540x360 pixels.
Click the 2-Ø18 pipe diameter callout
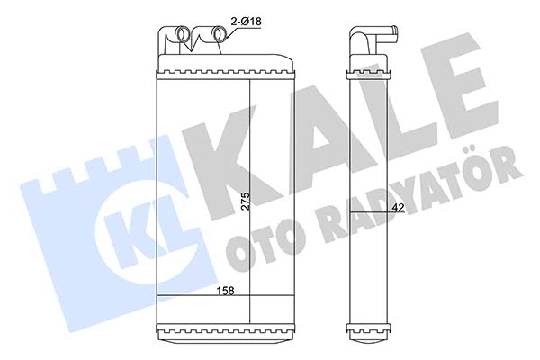coord(246,22)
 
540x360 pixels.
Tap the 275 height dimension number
coord(245,202)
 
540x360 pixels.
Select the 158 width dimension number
coord(225,291)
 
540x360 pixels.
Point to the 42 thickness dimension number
coord(398,207)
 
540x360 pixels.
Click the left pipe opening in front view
coord(184,34)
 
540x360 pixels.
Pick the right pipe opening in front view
coord(220,34)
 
